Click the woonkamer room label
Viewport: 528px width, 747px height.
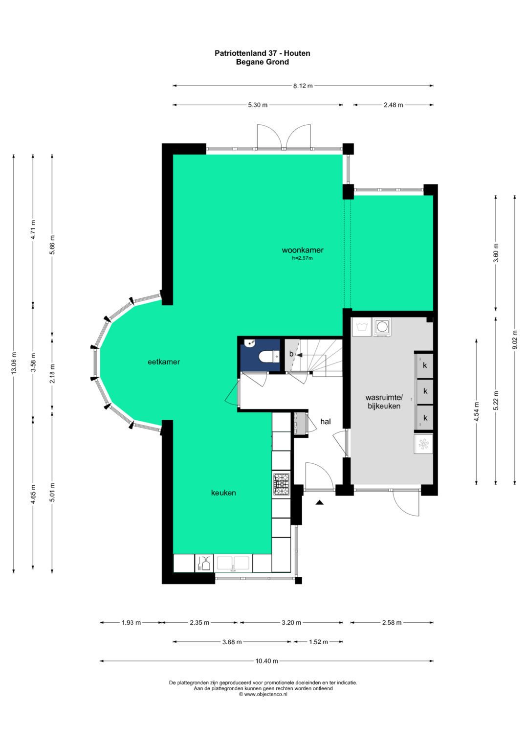[x=302, y=250]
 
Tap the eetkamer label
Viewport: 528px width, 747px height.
[x=164, y=362]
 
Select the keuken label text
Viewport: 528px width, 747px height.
[x=223, y=493]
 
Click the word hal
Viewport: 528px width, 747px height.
[x=325, y=422]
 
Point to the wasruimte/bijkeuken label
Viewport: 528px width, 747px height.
[x=384, y=402]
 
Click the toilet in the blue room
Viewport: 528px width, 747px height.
[x=269, y=357]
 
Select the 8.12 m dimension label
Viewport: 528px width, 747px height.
[x=303, y=86]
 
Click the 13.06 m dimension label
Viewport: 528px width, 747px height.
[x=14, y=363]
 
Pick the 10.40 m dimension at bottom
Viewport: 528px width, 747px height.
[x=266, y=661]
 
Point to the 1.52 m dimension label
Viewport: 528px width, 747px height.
[x=318, y=642]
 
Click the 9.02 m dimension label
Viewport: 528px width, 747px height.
[x=515, y=340]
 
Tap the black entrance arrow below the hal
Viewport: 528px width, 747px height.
[x=320, y=502]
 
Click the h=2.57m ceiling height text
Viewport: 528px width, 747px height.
[x=302, y=258]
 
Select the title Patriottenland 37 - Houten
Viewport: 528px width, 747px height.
[x=263, y=53]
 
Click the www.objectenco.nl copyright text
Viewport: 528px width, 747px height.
[x=263, y=695]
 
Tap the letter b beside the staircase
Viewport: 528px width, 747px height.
[x=291, y=354]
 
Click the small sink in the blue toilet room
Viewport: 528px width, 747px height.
[x=250, y=342]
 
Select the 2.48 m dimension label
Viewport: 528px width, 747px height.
[x=394, y=105]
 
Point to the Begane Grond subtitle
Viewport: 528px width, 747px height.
[x=263, y=62]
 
